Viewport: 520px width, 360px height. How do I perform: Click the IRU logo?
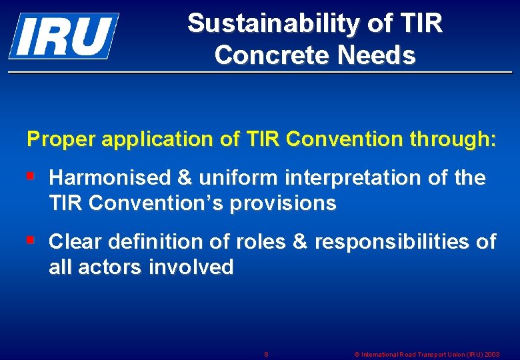[x=63, y=35]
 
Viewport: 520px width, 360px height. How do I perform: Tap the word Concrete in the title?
[x=273, y=55]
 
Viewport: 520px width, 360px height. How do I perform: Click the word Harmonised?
[x=110, y=178]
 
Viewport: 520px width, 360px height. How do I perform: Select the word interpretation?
[x=355, y=178]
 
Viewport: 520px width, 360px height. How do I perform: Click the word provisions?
[x=283, y=203]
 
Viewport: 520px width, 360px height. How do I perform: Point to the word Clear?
[x=75, y=241]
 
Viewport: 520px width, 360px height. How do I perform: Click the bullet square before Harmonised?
[x=30, y=177]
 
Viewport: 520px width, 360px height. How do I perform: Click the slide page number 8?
[x=266, y=353]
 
